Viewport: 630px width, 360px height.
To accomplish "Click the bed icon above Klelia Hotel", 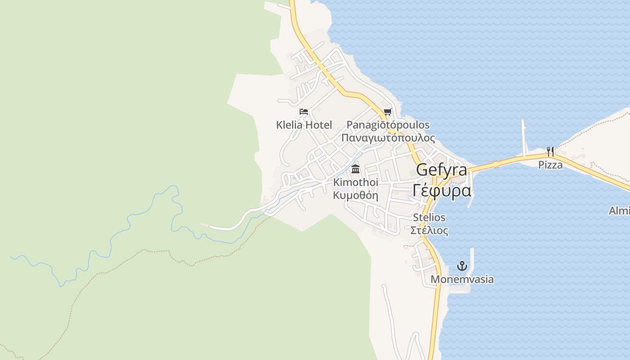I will pos(304,111).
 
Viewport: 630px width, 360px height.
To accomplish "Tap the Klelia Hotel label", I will pos(304,125).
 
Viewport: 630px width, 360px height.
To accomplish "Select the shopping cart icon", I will pos(387,112).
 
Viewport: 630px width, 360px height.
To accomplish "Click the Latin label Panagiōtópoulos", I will pos(388,125).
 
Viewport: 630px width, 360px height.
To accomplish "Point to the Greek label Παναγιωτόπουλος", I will pos(388,138).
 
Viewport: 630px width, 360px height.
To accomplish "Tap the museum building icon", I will pos(355,169).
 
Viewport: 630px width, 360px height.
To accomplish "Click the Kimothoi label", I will pos(355,182).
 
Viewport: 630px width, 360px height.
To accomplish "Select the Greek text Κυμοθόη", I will pos(355,195).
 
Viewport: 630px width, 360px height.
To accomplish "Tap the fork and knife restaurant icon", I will pos(550,151).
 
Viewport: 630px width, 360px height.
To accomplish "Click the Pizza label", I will pos(550,165).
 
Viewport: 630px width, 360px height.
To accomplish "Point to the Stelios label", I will pos(429,217).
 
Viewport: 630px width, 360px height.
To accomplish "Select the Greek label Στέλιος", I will pos(429,230).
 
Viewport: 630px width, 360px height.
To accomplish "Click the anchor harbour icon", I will pos(462,266).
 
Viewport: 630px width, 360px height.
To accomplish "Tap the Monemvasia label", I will pos(462,279).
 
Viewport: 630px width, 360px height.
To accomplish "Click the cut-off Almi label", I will pos(619,211).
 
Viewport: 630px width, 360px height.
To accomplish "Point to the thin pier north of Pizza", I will pos(524,135).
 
